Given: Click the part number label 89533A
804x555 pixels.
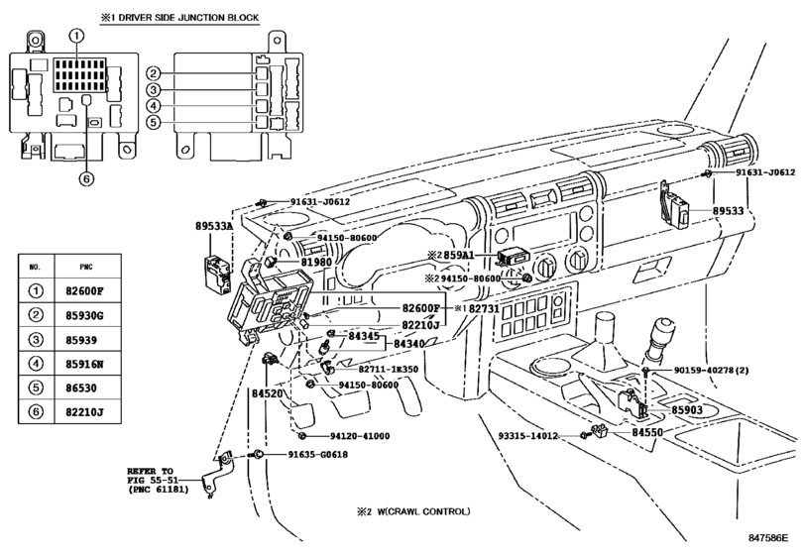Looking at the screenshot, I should point(213,226).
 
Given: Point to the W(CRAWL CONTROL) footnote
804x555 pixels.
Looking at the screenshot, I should point(414,512).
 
